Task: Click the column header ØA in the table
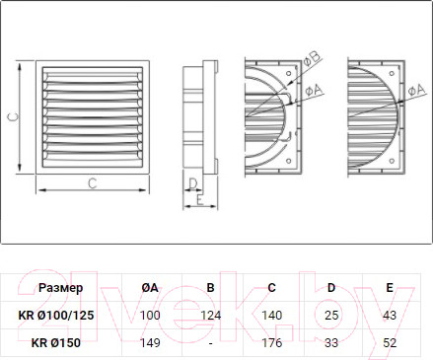pos(150,288)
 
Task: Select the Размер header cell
pos(61,288)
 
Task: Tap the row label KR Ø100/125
pos(56,315)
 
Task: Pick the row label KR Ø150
pos(56,342)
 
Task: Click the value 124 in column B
pos(211,315)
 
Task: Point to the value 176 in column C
pos(272,342)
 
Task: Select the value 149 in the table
pos(150,342)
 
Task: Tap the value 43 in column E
pos(390,315)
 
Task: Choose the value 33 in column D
pos(331,342)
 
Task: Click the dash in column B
pos(211,343)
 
